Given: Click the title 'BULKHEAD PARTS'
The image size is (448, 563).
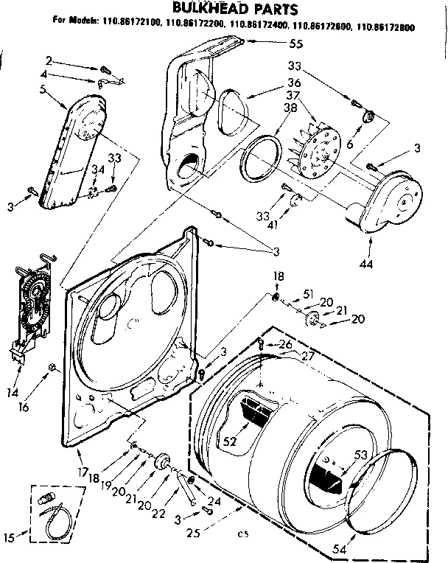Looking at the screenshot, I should [x=225, y=9].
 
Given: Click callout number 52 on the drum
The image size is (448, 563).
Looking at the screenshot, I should [x=229, y=441].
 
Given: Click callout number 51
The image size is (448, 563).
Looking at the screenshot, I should [x=309, y=294].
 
